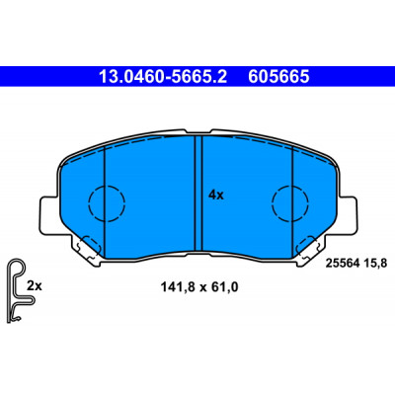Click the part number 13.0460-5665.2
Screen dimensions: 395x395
point(163,77)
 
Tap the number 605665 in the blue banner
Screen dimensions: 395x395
point(278,77)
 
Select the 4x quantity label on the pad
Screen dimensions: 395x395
point(216,196)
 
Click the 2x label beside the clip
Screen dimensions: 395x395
point(35,285)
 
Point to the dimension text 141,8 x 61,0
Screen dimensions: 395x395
point(199,287)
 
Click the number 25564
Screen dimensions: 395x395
point(342,264)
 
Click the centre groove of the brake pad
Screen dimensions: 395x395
point(198,194)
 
